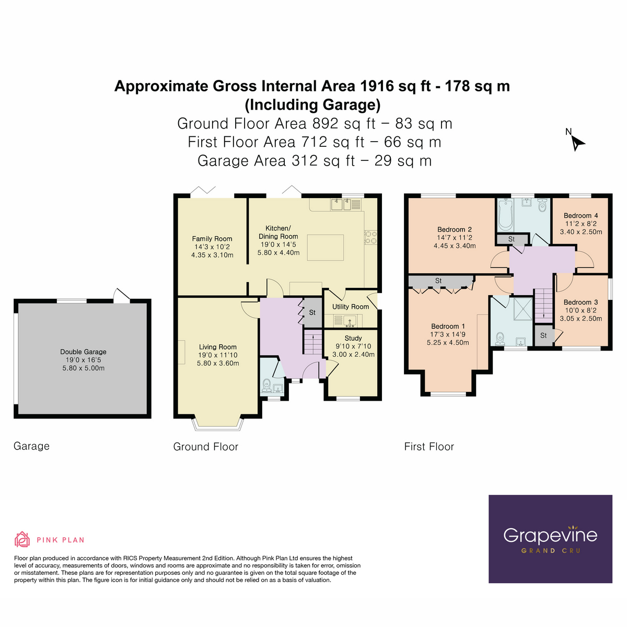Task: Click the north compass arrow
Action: pos(577,143)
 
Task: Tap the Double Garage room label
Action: pos(83,352)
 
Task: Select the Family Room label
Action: pos(212,239)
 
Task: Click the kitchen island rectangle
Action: pos(325,248)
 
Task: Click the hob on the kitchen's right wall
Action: pos(370,238)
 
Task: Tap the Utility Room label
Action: pos(351,307)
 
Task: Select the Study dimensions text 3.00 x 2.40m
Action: pos(353,354)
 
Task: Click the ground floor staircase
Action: pos(312,342)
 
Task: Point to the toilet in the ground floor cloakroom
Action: pos(266,385)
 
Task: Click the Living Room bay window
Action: pos(218,424)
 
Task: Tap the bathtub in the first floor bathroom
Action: pos(505,215)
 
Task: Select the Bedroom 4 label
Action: pos(580,215)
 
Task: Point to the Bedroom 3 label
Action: pos(580,302)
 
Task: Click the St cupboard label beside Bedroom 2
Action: pos(512,239)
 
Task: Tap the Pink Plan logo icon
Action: pos(22,539)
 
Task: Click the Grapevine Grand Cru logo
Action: pos(550,539)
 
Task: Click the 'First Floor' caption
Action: pos(429,447)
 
